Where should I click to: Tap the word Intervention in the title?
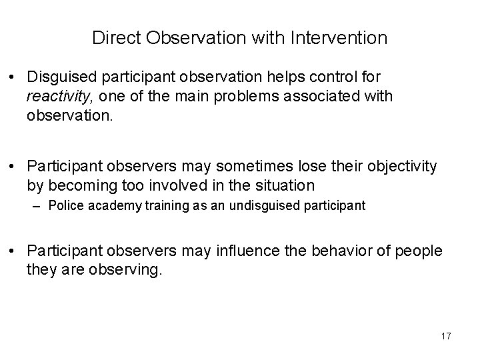(339, 38)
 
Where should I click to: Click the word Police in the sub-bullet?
(63, 206)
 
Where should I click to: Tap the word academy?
(109, 206)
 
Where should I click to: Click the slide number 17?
(445, 337)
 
